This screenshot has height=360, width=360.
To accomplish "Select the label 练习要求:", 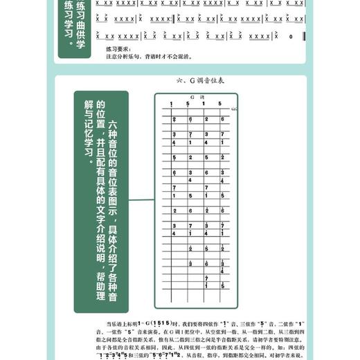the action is [116, 50].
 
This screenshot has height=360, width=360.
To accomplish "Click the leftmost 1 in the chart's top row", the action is [170, 104].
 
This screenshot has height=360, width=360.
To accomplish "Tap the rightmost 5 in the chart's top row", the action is [220, 104].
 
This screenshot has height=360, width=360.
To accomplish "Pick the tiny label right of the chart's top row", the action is [233, 109].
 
